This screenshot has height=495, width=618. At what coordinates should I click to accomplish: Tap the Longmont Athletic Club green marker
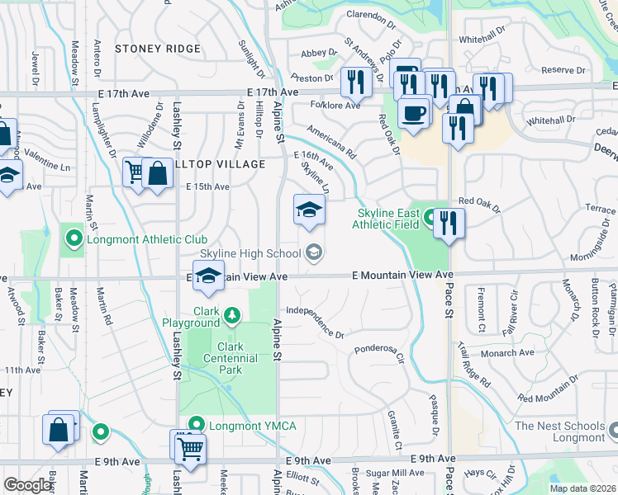[x=74, y=239]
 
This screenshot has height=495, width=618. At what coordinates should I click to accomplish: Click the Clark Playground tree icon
[x=233, y=314]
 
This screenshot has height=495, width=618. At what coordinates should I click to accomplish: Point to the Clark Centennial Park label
[x=219, y=358]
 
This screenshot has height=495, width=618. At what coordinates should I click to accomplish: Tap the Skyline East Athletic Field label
[x=388, y=219]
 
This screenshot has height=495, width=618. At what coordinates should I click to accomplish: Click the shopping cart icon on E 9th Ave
[x=190, y=449]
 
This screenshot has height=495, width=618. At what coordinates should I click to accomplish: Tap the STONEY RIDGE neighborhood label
[x=158, y=49]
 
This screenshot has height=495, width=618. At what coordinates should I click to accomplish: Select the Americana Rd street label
[x=330, y=142]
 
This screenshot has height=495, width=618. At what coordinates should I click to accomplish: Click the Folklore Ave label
[x=335, y=106]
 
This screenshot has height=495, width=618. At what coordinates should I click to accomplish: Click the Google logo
[x=27, y=485]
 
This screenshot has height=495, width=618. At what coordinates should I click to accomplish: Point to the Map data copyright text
[x=583, y=488]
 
